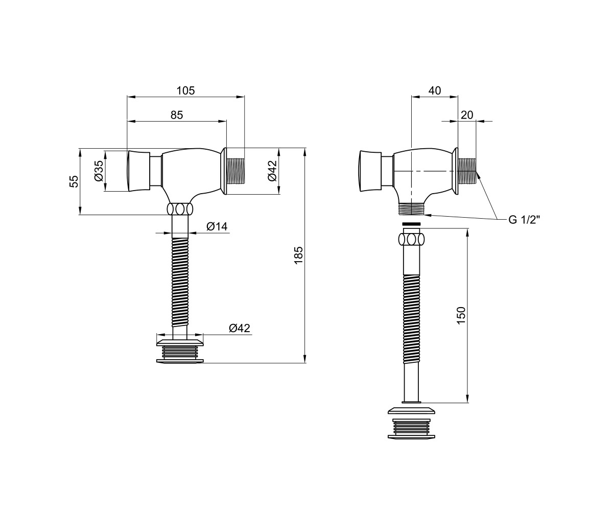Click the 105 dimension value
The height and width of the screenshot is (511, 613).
[x=185, y=91]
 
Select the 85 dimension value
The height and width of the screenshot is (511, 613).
[x=177, y=115]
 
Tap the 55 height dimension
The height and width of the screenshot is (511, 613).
[x=74, y=181]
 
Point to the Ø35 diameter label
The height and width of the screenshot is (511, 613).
[x=99, y=171]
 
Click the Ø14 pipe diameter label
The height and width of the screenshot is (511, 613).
[x=217, y=227]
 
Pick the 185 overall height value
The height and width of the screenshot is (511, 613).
[x=298, y=255]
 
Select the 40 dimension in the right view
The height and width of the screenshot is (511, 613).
[x=435, y=91]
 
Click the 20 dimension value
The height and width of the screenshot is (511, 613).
[x=467, y=115]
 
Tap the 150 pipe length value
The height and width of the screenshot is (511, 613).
[x=461, y=315]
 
